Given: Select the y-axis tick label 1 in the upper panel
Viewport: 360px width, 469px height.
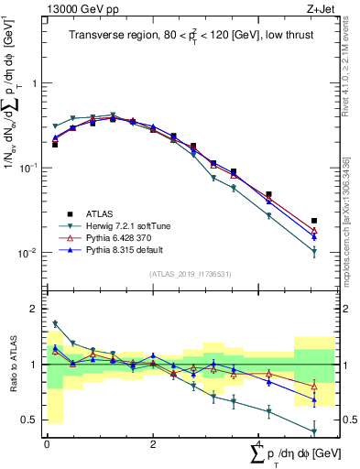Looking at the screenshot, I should click(37, 83).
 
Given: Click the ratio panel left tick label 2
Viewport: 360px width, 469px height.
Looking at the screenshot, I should click(37, 309).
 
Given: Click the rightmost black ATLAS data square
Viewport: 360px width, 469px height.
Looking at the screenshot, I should click(314, 221).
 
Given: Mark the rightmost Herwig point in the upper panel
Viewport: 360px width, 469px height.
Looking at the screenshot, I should click(314, 251).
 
